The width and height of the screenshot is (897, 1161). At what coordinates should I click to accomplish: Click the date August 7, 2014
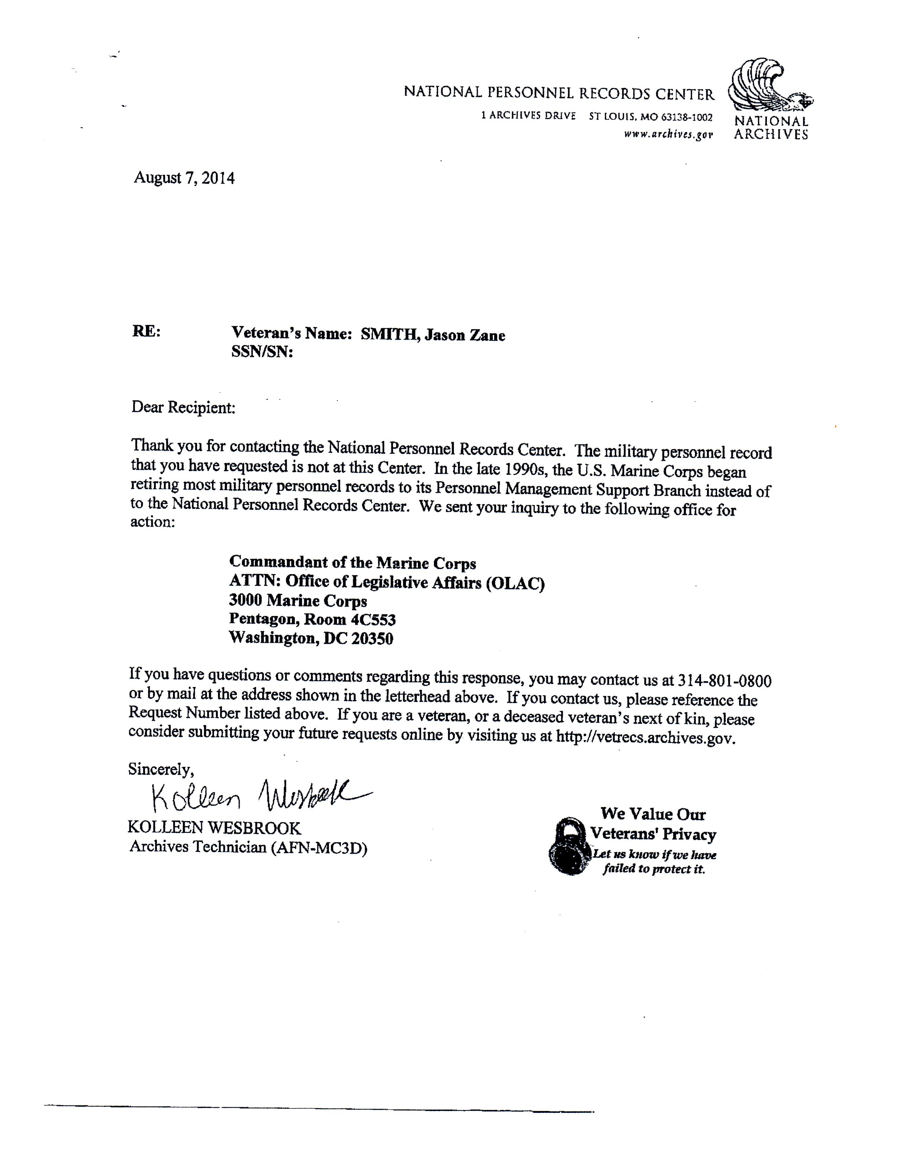(184, 178)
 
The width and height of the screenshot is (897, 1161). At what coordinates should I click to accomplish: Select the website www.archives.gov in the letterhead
(668, 135)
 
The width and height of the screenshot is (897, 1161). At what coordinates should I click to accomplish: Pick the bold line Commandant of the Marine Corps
(352, 563)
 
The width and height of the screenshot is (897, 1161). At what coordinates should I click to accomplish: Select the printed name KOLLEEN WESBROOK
(214, 828)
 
